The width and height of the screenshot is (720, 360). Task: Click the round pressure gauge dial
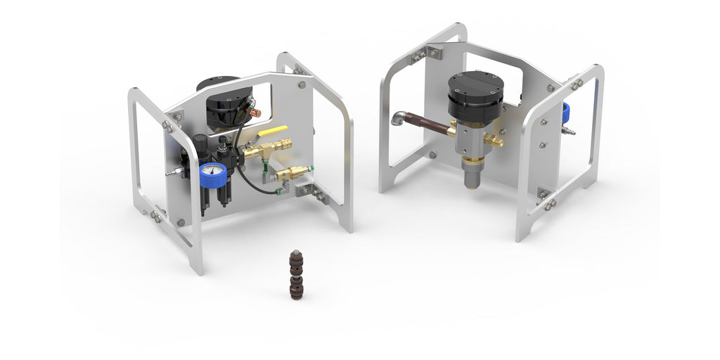[x=212, y=172]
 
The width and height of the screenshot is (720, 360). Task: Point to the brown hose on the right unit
[x=429, y=124]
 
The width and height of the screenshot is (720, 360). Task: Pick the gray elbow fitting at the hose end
[x=399, y=117]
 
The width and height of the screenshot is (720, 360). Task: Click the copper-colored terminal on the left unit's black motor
[x=257, y=112]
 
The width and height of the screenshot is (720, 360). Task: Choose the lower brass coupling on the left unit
[x=295, y=172]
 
